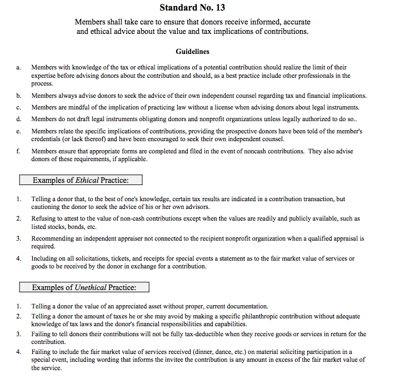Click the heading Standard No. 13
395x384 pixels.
coord(192,8)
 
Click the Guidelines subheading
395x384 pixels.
coord(192,52)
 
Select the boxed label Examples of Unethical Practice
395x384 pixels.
coord(83,287)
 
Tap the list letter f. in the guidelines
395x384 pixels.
coord(18,151)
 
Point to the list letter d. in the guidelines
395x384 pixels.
coord(19,119)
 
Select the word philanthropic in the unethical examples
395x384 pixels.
coord(255,316)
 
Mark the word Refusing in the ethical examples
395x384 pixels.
coord(43,219)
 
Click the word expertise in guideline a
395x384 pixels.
coord(44,76)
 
